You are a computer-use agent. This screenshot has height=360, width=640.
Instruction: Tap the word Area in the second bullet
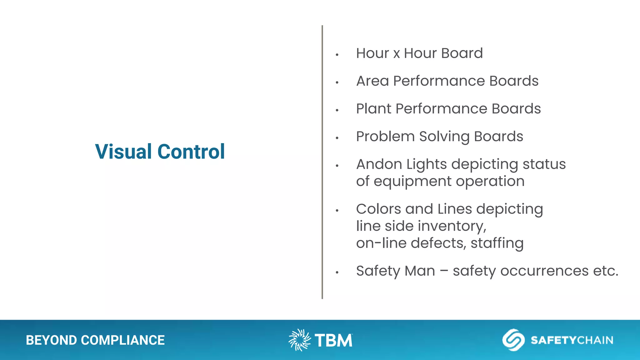point(372,81)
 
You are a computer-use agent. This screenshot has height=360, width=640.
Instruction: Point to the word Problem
point(385,137)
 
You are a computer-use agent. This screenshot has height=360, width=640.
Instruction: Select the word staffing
point(497,243)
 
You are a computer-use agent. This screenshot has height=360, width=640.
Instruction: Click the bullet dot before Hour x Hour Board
point(337,55)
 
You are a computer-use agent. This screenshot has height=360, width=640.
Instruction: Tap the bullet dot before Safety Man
point(337,272)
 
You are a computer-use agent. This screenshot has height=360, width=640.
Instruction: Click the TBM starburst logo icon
point(299,340)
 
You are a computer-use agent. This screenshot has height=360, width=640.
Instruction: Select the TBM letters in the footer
point(333,340)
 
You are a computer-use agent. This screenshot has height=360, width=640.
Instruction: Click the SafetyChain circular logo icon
point(513,340)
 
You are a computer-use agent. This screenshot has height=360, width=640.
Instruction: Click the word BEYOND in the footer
point(51,340)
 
